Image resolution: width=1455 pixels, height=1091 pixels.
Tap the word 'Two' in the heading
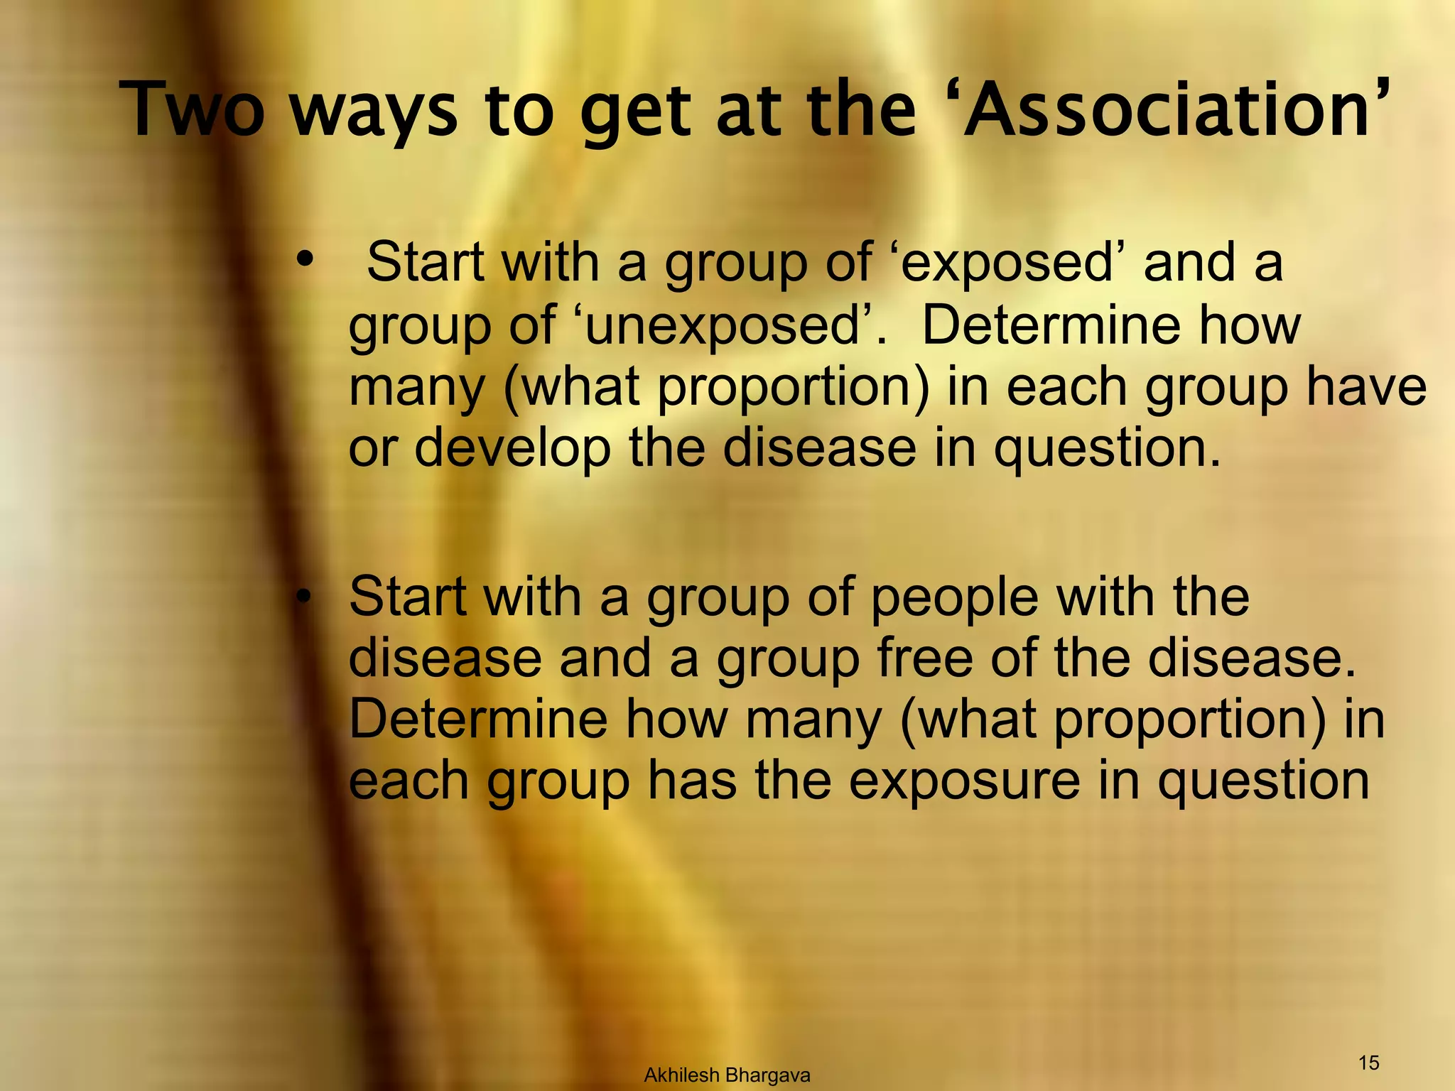tap(193, 110)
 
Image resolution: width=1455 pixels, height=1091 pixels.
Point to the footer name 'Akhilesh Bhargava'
tap(727, 1075)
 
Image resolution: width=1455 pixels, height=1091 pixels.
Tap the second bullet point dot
tap(305, 598)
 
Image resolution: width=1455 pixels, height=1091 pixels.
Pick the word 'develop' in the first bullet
tap(512, 449)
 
